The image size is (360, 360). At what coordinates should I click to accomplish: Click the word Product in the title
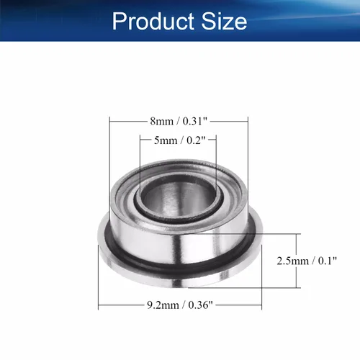(x=153, y=21)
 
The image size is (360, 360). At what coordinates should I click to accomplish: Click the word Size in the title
(x=224, y=21)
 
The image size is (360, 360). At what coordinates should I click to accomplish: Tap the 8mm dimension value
(x=161, y=121)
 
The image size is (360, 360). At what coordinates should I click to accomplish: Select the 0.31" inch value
(x=194, y=121)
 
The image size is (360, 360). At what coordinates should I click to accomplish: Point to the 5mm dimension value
(x=166, y=140)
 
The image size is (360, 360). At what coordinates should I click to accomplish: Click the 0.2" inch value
(x=196, y=140)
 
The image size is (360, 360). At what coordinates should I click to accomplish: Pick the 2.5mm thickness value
(x=293, y=261)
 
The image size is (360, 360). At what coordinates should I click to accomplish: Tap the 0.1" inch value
(x=328, y=261)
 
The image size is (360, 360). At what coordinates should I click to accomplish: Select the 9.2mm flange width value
(x=163, y=305)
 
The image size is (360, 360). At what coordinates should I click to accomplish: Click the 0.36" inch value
(x=200, y=305)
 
